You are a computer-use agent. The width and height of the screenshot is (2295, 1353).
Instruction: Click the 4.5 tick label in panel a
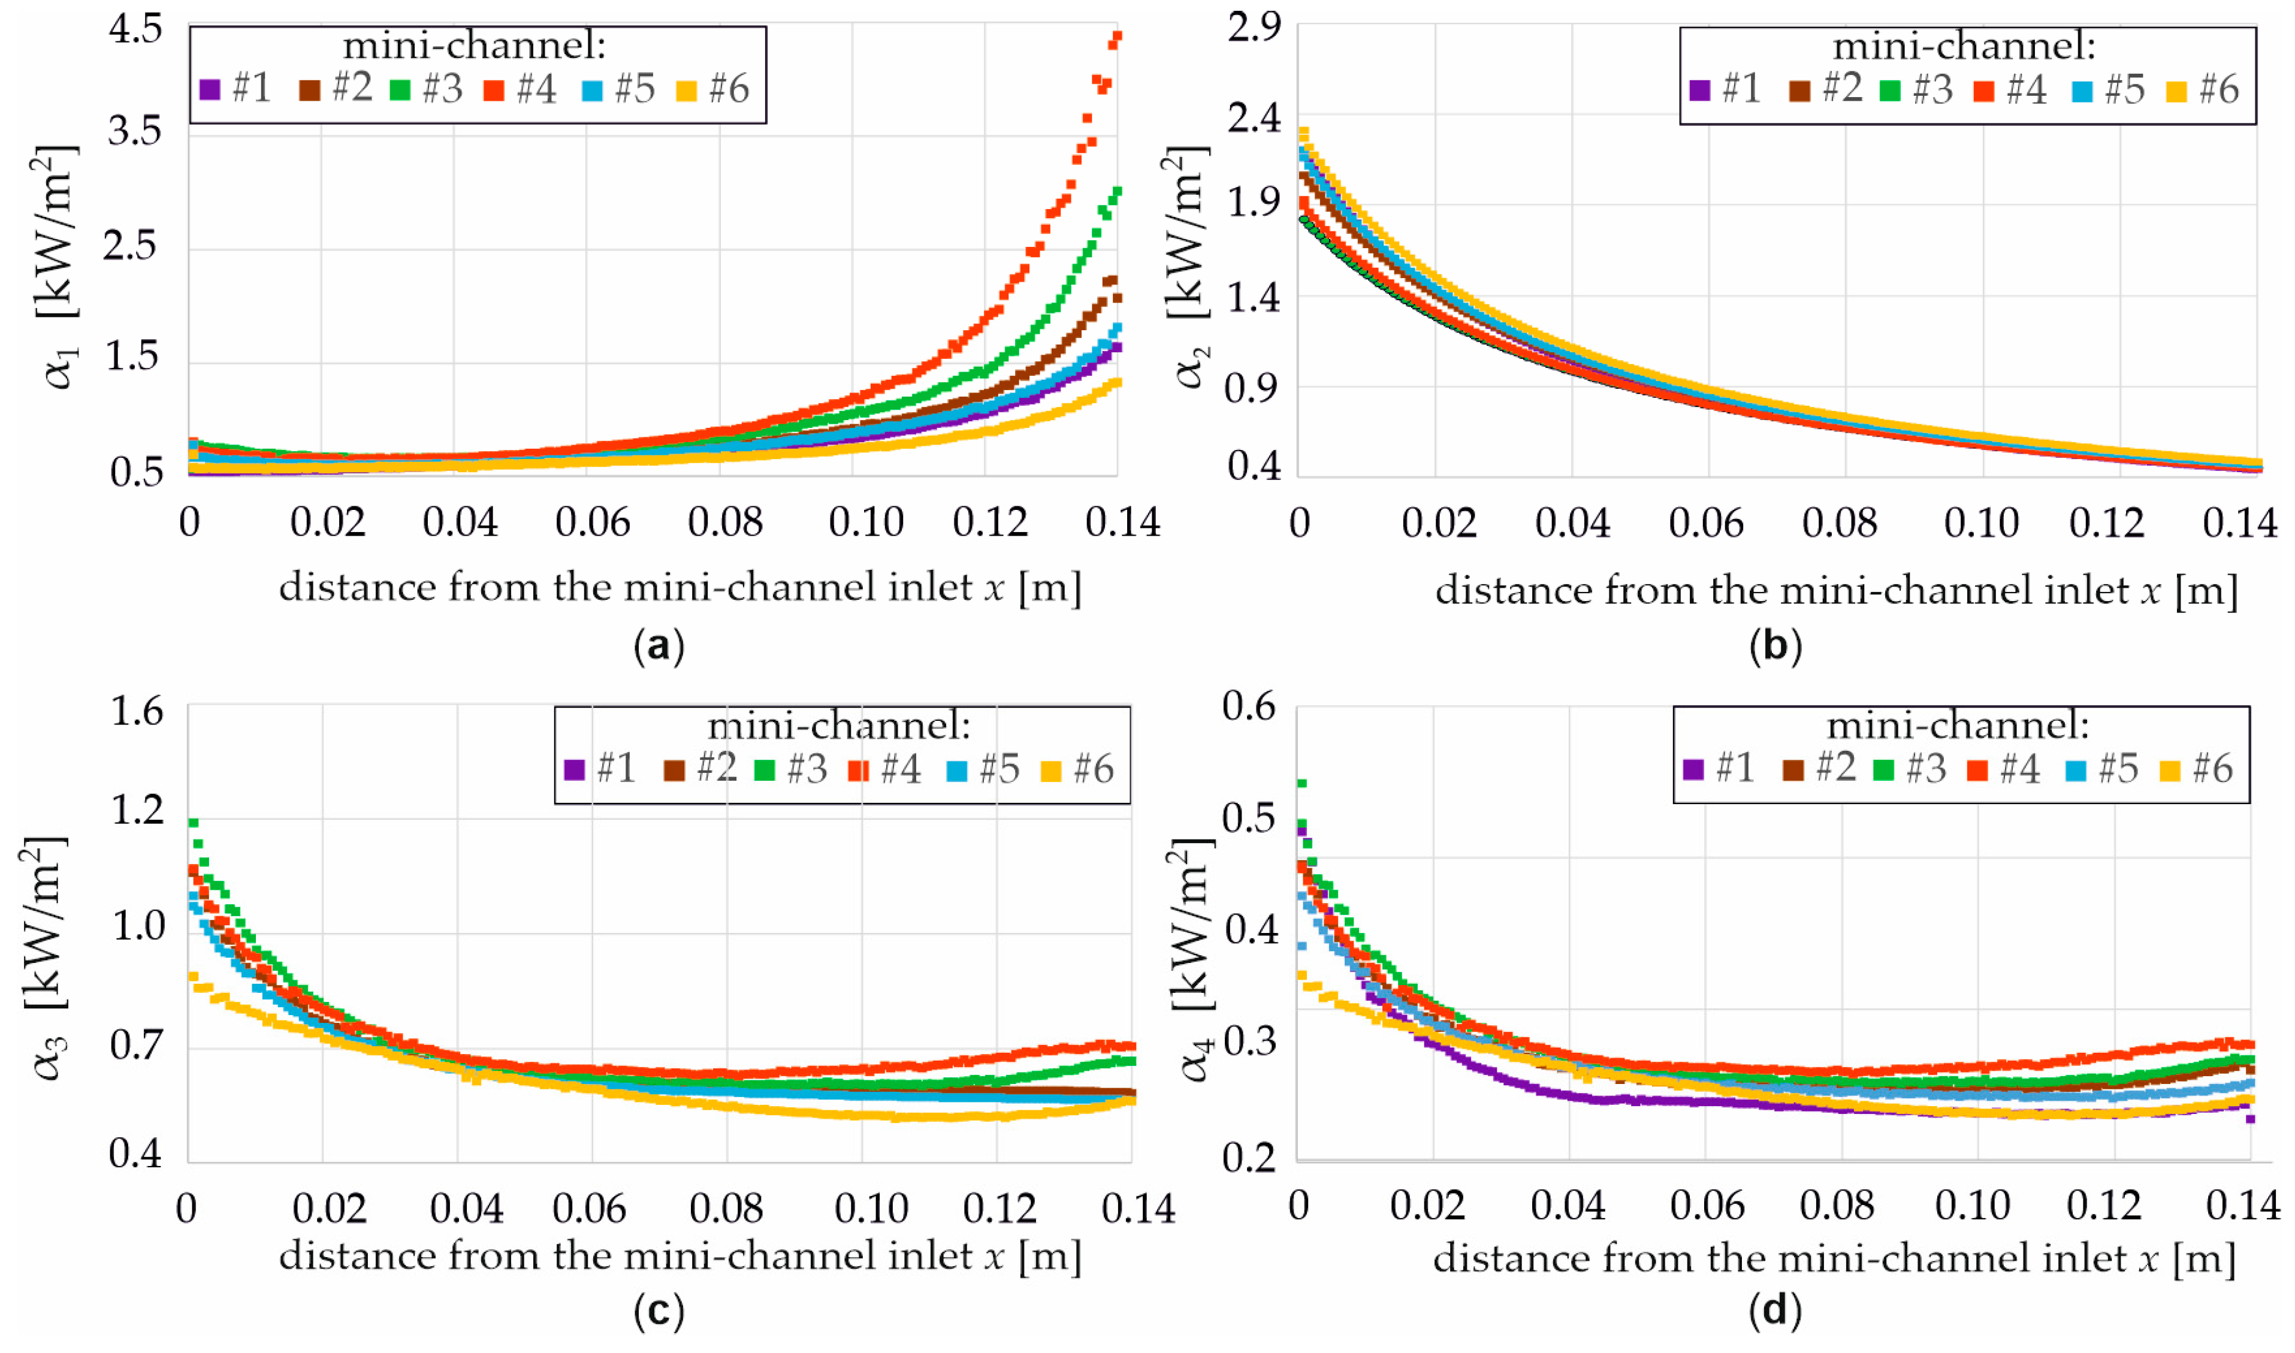[135, 30]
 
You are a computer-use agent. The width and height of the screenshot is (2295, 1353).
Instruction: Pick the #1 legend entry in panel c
[600, 769]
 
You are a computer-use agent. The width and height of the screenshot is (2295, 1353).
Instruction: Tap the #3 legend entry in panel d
[1910, 769]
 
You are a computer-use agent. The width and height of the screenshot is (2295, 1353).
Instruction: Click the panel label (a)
[659, 645]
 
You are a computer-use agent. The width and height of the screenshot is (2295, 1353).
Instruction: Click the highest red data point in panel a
[1117, 37]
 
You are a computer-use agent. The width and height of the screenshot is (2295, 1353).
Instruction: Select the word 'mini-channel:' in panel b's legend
[1965, 46]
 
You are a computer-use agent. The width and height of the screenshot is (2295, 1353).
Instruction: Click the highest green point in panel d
[1302, 783]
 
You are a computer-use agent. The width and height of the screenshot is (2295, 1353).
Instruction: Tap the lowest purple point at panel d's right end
[2250, 1119]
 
